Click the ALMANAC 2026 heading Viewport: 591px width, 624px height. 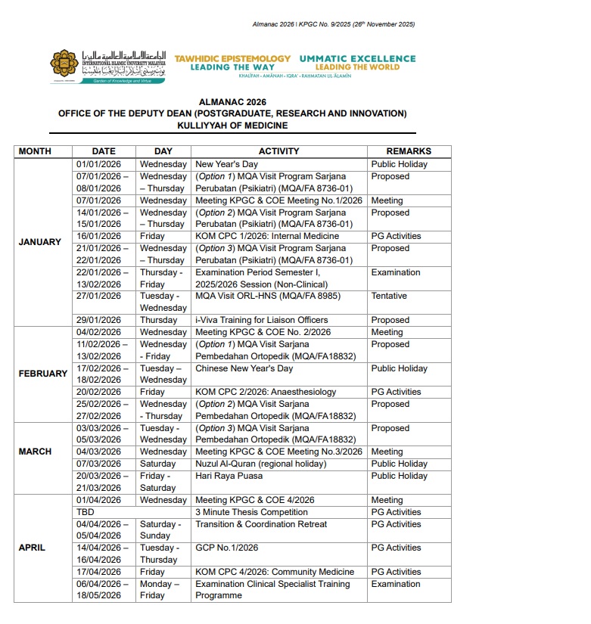(x=232, y=101)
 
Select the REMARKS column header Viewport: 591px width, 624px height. (x=409, y=151)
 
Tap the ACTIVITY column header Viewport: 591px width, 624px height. (x=278, y=151)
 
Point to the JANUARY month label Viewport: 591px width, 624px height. (x=41, y=242)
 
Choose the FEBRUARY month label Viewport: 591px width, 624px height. (x=43, y=374)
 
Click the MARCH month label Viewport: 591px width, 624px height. (x=35, y=452)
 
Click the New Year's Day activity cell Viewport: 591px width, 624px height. (x=227, y=164)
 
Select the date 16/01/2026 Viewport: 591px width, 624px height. (x=99, y=236)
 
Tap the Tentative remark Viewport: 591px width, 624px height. (x=389, y=296)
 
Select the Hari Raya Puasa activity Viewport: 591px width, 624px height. (x=229, y=476)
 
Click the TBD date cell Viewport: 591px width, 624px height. (x=86, y=512)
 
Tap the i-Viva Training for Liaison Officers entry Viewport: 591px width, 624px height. (x=262, y=320)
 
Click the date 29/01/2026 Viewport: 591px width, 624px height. (x=99, y=320)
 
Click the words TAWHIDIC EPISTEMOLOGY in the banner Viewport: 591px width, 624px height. (x=232, y=58)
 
